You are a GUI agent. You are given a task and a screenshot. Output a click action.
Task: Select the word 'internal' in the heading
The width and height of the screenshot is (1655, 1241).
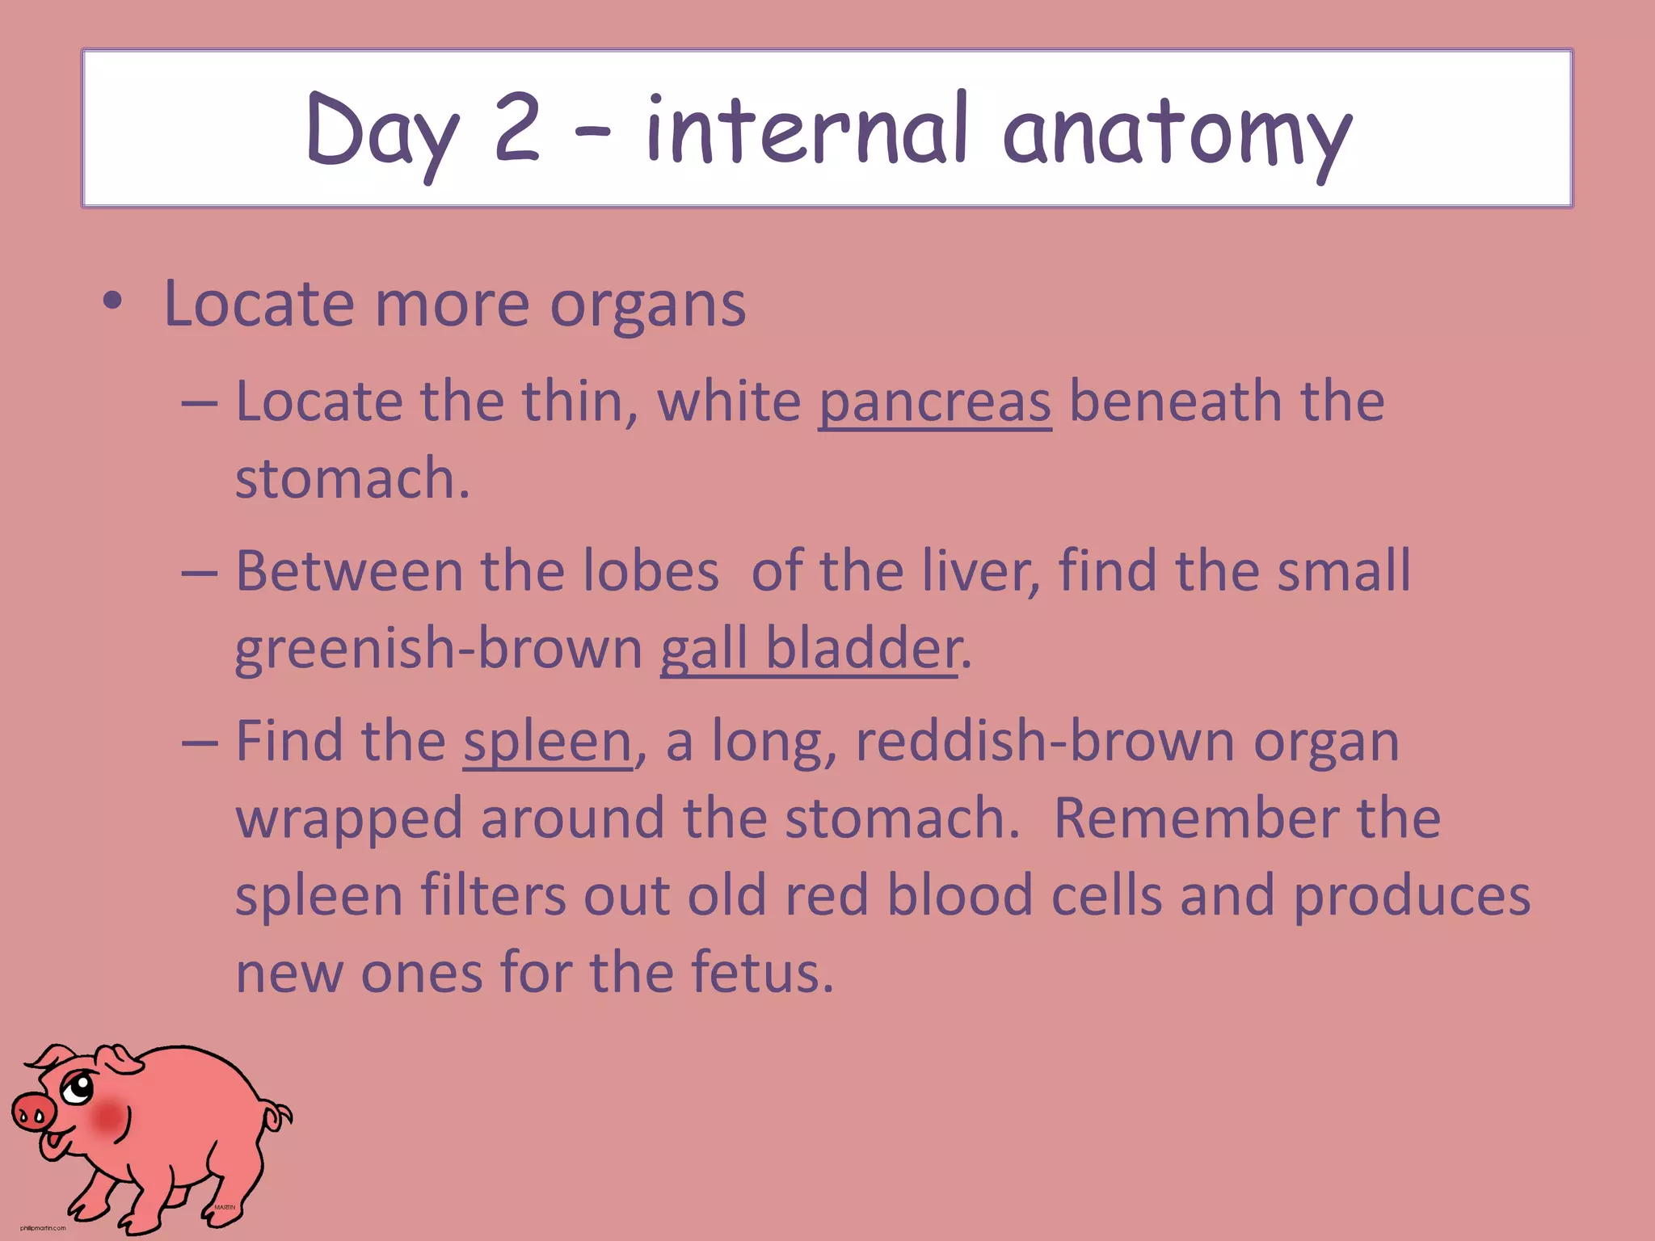click(806, 129)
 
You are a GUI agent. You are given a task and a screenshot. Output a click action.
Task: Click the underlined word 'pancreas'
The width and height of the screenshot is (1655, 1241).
click(935, 402)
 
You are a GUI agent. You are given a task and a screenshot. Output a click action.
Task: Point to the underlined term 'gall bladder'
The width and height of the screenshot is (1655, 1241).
click(810, 649)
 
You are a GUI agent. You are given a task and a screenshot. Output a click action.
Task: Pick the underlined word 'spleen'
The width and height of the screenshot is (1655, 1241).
click(547, 742)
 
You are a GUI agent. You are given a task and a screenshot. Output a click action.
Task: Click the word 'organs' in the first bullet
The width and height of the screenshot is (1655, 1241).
click(648, 305)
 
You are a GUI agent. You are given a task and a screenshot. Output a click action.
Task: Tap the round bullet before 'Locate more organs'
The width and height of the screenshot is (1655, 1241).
click(113, 301)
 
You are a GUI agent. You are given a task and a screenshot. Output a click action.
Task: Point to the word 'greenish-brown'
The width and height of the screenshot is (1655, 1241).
click(438, 649)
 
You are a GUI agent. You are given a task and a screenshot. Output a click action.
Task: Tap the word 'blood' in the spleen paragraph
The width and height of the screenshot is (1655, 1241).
click(960, 895)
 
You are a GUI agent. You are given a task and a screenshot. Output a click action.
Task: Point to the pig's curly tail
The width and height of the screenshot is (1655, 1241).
click(279, 1117)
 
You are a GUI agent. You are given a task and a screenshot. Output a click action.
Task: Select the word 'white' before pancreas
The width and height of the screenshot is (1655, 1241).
click(729, 402)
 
